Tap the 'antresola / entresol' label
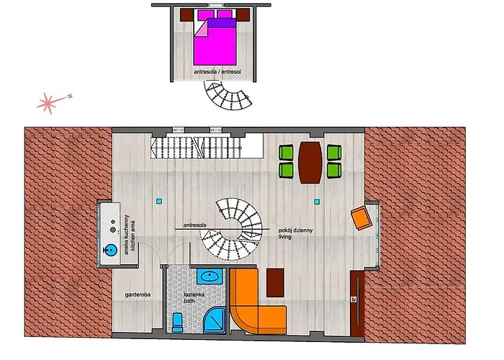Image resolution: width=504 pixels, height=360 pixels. tap(217, 72)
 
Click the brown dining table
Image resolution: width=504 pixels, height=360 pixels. tap(310, 163)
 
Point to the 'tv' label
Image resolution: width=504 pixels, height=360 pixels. tap(354, 300)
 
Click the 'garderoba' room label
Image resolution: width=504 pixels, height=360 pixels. tap(138, 294)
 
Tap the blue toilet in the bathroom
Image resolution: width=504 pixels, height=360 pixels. tap(177, 323)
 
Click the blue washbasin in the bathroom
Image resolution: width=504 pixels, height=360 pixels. tap(210, 276)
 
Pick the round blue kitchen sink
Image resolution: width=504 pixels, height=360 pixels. tap(111, 250)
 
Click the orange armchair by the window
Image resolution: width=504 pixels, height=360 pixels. tap(361, 218)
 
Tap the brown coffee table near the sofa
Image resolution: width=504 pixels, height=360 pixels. tap(275, 283)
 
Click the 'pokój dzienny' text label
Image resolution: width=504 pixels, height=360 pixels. tap(295, 230)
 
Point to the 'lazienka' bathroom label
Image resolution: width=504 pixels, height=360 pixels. tap(194, 294)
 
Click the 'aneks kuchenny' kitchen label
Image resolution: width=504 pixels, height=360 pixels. tap(126, 234)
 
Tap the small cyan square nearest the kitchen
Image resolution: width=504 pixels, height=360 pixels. tap(159, 202)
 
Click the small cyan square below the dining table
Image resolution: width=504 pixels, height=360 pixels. tap(317, 202)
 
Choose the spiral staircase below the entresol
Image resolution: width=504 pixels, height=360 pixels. tap(227, 96)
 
